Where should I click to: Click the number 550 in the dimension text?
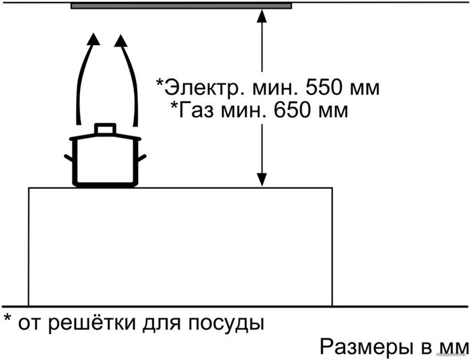point(323,87)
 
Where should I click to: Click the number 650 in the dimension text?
point(291,110)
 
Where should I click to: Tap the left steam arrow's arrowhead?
point(94,39)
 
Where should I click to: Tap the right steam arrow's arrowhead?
point(121,41)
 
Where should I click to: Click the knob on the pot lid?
point(105,129)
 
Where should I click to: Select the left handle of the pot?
point(69,158)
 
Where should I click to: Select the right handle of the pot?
point(142,158)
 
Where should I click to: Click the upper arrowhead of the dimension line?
point(262,16)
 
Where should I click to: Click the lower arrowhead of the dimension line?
point(262,180)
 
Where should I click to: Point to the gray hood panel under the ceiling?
point(181,5)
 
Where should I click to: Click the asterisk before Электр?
point(160,82)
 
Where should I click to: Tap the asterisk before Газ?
point(174,106)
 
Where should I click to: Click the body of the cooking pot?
point(105,163)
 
